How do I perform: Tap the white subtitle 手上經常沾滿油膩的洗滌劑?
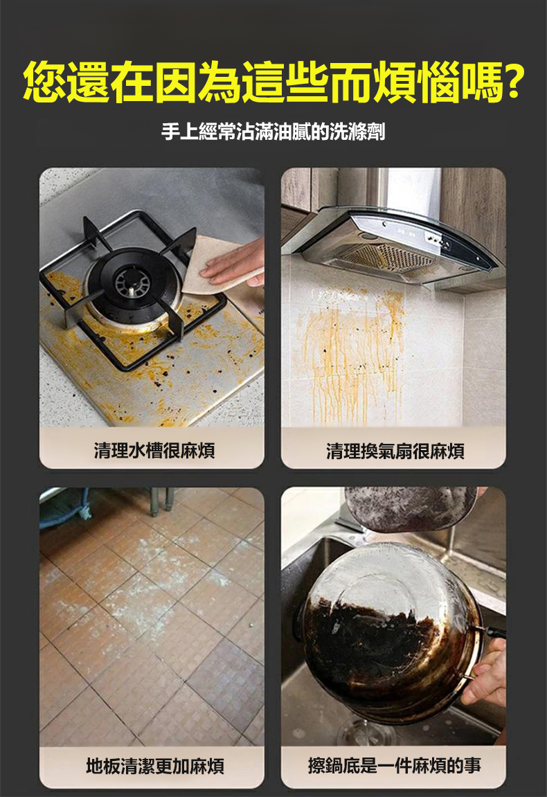point(273,132)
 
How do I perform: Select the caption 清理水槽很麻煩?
point(154,450)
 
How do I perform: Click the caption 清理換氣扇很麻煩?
point(395,451)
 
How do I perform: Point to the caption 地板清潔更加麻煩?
point(155,765)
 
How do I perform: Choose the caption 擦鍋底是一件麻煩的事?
point(395,765)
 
